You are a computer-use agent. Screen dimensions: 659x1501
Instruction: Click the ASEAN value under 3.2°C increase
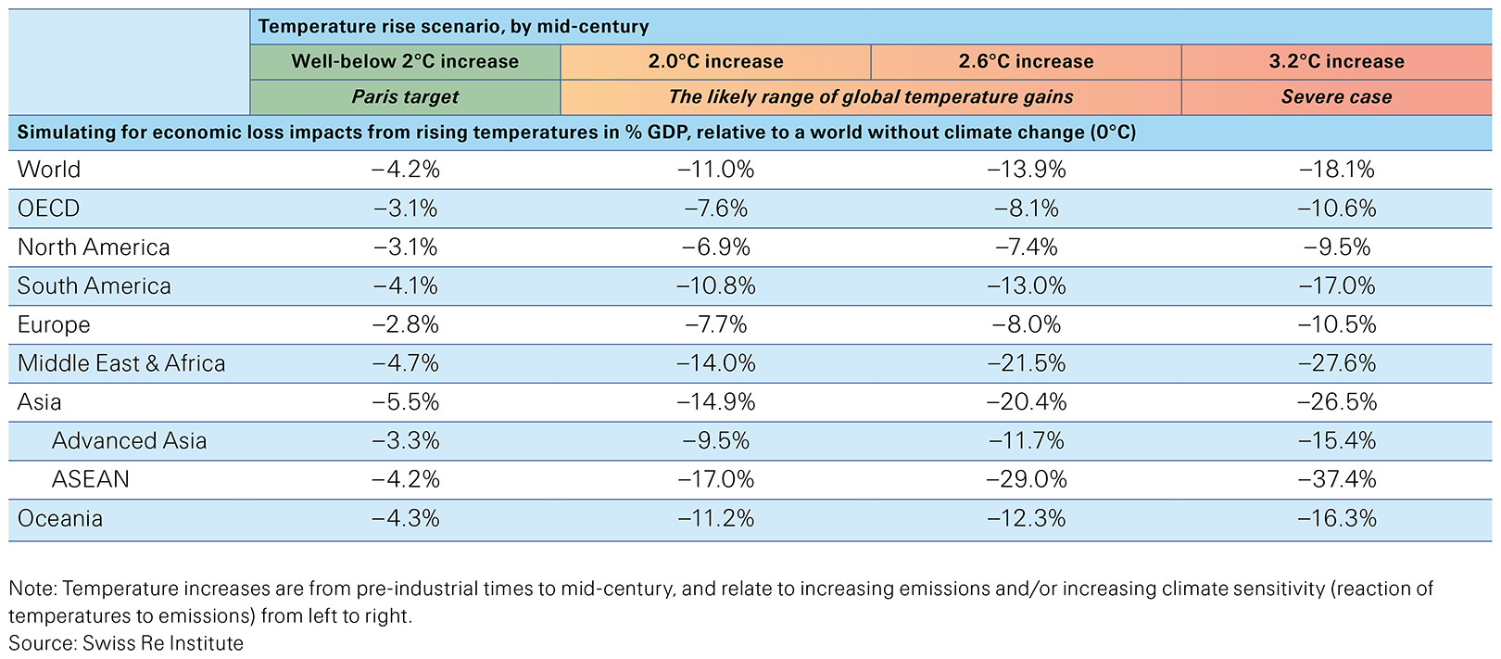click(x=1336, y=479)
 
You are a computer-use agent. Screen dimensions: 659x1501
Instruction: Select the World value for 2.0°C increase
click(x=715, y=170)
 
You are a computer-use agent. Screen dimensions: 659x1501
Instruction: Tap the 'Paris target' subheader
click(x=405, y=97)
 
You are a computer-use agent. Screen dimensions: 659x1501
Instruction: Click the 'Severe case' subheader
click(x=1336, y=97)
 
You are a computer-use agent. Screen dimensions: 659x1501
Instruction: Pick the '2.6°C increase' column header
click(x=1026, y=62)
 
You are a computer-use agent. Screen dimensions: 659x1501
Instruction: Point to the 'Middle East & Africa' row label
click(x=121, y=363)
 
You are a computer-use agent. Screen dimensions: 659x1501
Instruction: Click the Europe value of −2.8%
click(x=405, y=324)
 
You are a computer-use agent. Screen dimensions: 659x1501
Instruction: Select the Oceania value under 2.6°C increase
click(x=1026, y=518)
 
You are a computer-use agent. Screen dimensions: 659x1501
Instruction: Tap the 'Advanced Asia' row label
click(x=129, y=440)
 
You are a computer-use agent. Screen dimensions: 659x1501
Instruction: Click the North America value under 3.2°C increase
click(x=1336, y=247)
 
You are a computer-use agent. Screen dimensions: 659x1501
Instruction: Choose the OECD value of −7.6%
click(x=715, y=209)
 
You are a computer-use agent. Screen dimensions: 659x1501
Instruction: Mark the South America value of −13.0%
click(x=1026, y=286)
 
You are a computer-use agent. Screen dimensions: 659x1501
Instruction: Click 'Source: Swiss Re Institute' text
click(x=126, y=643)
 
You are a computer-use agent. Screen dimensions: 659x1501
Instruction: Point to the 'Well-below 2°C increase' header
click(x=405, y=62)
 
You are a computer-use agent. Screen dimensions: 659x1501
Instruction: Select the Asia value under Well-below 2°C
click(x=405, y=402)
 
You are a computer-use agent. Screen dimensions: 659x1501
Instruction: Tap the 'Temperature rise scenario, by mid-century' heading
click(x=453, y=27)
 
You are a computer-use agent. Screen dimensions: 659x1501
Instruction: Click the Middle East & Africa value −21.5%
click(x=1026, y=363)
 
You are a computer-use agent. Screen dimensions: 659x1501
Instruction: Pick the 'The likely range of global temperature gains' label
click(x=870, y=97)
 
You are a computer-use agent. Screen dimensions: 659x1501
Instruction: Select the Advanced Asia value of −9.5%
click(x=715, y=440)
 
